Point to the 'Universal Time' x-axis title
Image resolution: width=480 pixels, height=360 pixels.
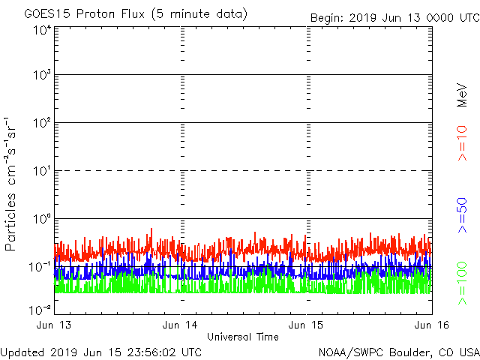(242, 337)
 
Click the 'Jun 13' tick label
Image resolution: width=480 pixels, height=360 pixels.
(55, 325)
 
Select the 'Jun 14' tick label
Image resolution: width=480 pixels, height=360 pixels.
(181, 325)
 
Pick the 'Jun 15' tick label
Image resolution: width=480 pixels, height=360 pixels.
(306, 325)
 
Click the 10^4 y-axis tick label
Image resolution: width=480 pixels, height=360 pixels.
(42, 30)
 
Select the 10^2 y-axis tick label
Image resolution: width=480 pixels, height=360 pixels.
(42, 124)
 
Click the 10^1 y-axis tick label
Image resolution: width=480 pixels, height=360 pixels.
(42, 172)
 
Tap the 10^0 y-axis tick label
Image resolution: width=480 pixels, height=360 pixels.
(42, 220)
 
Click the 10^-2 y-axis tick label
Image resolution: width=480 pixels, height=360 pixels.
(41, 309)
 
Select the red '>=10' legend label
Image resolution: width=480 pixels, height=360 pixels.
(463, 143)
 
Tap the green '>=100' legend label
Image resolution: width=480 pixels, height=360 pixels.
(463, 283)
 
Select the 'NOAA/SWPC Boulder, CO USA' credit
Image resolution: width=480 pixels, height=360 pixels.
(398, 351)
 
